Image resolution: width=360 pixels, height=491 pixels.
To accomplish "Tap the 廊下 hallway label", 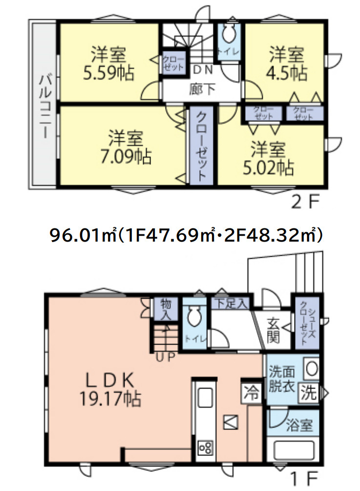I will [202, 89].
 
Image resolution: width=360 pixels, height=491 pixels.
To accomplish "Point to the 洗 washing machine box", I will [309, 392].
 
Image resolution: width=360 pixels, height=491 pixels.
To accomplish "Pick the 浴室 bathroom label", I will [299, 426].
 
